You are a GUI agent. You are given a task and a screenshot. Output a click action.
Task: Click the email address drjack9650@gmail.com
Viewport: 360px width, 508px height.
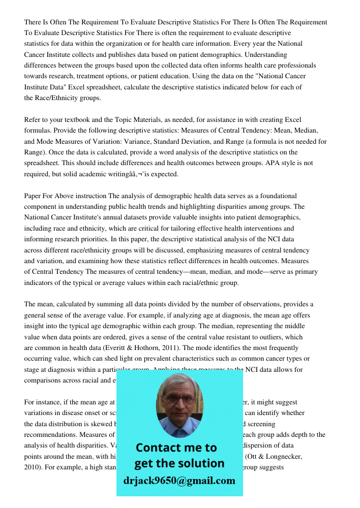179,481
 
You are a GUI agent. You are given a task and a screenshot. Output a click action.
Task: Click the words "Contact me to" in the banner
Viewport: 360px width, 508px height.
176,448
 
